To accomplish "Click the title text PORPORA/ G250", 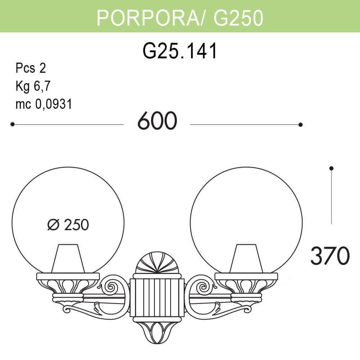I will (x=180, y=17).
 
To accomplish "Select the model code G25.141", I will (x=180, y=51).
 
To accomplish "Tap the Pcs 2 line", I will (x=31, y=68).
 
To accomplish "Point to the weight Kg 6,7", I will (x=33, y=86).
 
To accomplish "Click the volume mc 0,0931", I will (x=44, y=104).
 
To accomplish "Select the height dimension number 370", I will (x=330, y=256).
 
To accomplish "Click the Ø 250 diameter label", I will (x=68, y=225).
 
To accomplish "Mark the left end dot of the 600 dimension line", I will (x=13, y=124).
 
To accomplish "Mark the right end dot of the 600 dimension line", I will (x=301, y=125).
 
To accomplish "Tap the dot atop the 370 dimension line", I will (x=331, y=168).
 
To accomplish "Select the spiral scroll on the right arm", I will (x=202, y=287).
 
